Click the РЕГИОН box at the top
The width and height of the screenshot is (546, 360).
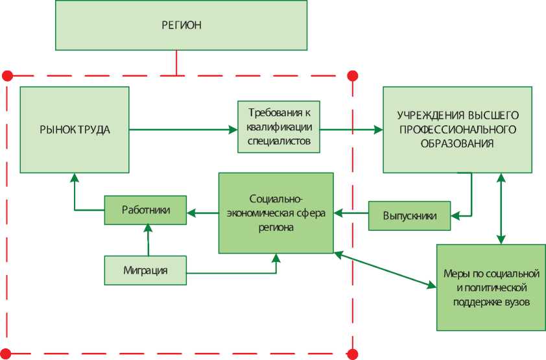pyautogui.click(x=181, y=26)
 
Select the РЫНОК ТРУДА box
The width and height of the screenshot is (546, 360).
pyautogui.click(x=74, y=128)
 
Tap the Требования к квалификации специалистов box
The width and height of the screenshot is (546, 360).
pyautogui.click(x=278, y=126)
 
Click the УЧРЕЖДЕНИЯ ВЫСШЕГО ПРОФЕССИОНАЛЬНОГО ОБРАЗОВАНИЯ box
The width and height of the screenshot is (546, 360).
pyautogui.click(x=458, y=128)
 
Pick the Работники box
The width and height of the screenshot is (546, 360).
pyautogui.click(x=145, y=211)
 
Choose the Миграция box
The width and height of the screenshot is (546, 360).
pyautogui.click(x=145, y=270)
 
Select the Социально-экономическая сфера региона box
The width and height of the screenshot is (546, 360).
pyautogui.click(x=276, y=213)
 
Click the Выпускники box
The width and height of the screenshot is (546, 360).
pyautogui.click(x=409, y=215)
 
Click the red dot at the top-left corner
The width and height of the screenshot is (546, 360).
pyautogui.click(x=7, y=75)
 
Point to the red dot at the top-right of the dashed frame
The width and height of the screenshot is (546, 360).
pyautogui.click(x=353, y=75)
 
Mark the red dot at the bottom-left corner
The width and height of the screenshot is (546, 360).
pyautogui.click(x=7, y=354)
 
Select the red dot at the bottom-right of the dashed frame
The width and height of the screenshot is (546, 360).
pyautogui.click(x=353, y=354)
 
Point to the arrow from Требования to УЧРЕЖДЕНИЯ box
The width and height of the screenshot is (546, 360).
pyautogui.click(x=351, y=130)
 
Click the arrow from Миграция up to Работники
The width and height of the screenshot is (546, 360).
pyautogui.click(x=148, y=240)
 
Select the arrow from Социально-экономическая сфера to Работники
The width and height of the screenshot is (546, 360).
pyautogui.click(x=202, y=211)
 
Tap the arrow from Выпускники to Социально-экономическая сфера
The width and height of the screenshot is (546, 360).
pyautogui.click(x=351, y=212)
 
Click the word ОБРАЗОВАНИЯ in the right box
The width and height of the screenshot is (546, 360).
pyautogui.click(x=458, y=144)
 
